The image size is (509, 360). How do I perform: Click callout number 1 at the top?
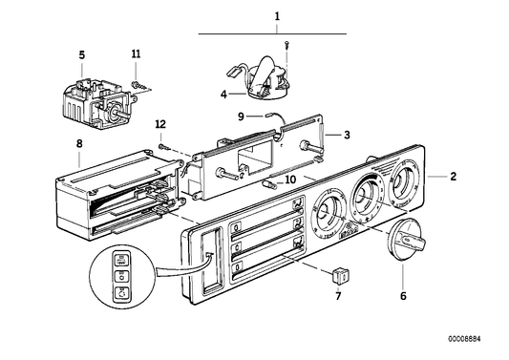tap(278, 16)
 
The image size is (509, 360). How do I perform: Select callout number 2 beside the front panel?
tap(455, 177)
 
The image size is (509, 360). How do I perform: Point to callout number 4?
tap(223, 94)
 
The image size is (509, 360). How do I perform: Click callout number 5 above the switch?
tap(82, 54)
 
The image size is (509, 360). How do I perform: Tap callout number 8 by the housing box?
tap(79, 145)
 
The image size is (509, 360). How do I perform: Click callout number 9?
tap(243, 117)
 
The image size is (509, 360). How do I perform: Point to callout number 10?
tap(291, 177)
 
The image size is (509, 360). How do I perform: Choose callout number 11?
tap(136, 54)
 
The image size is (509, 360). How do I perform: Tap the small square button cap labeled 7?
tap(336, 277)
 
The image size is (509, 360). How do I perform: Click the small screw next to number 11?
tap(138, 84)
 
